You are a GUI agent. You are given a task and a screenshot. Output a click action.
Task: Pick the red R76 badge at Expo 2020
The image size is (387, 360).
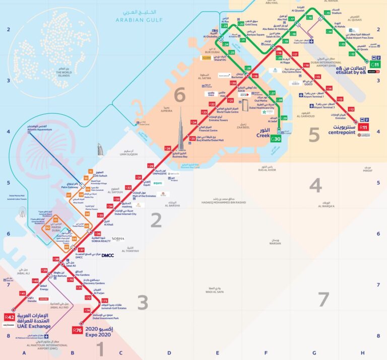click(x=77, y=330)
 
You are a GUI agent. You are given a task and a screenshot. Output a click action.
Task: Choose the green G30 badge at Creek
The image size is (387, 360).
click(x=276, y=139)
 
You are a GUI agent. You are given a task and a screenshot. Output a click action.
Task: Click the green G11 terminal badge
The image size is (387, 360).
click(x=374, y=64)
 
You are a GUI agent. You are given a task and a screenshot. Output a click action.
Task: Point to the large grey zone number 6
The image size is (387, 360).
click(x=180, y=95)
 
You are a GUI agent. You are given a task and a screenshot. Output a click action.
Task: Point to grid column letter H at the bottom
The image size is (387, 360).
click(x=362, y=353)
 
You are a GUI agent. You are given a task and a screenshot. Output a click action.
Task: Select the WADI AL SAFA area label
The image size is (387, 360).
click(x=214, y=291)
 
